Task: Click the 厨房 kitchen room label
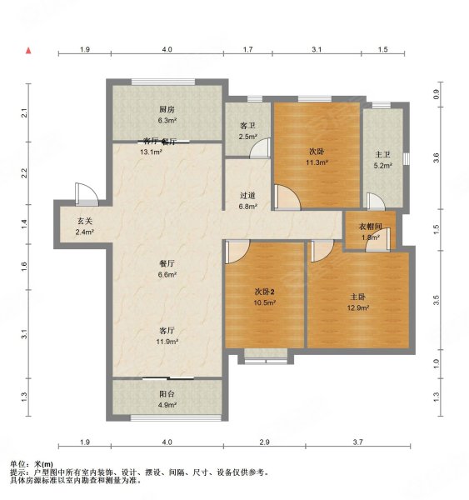tap(167, 109)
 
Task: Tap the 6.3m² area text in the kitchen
tap(167, 119)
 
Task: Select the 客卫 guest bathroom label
tap(247, 125)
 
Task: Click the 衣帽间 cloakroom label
tap(370, 227)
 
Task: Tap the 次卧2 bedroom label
tap(265, 291)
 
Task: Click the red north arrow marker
tap(28, 51)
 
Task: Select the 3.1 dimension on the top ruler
tap(316, 51)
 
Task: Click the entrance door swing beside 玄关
tap(86, 194)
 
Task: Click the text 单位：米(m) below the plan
tap(31, 463)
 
